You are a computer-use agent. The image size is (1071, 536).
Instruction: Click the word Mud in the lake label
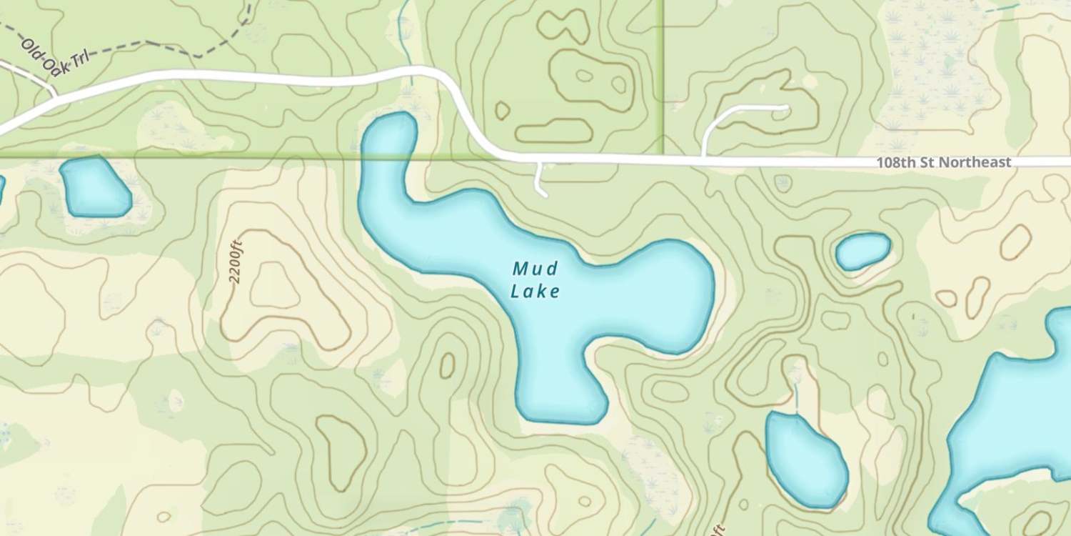click(535, 269)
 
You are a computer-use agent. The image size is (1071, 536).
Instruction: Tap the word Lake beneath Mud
click(535, 291)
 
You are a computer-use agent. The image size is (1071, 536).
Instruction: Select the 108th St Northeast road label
click(943, 163)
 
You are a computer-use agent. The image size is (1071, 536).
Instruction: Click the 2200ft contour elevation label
click(236, 262)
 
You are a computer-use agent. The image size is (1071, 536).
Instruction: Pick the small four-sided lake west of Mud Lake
click(95, 187)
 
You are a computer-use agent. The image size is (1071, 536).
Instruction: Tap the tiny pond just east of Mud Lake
click(863, 251)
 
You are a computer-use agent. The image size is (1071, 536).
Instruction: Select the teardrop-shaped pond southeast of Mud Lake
click(806, 458)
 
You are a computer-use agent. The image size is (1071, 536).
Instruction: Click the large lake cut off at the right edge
click(1014, 429)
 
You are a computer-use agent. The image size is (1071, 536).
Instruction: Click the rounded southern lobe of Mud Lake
click(560, 389)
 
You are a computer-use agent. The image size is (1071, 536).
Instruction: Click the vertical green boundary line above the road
click(663, 71)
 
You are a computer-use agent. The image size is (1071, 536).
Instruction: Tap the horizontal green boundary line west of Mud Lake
click(214, 157)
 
